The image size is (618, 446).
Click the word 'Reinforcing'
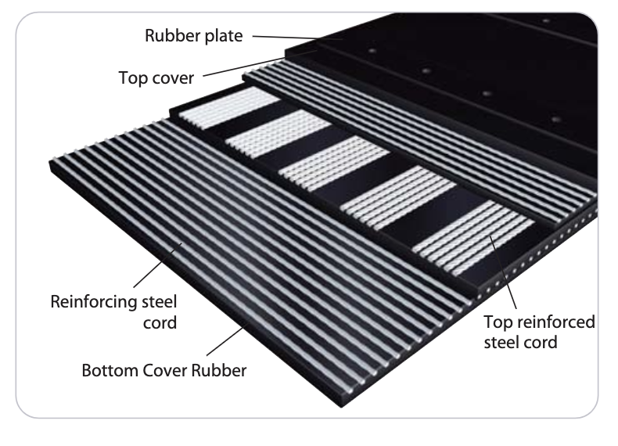point(93,301)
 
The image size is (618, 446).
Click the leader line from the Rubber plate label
point(297,37)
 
